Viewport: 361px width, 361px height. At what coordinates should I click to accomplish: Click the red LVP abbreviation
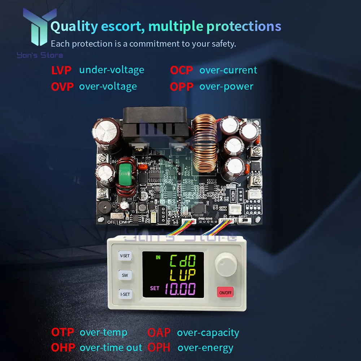61,70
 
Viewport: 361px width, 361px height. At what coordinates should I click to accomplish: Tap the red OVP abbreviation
62,87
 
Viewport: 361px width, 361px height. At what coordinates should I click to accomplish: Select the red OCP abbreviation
182,70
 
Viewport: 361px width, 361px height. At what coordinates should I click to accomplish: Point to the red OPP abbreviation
182,87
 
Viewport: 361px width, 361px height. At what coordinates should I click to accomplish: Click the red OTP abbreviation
62,332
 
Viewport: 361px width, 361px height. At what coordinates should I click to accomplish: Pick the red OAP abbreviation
159,332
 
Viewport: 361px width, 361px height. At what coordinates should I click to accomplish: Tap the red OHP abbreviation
63,348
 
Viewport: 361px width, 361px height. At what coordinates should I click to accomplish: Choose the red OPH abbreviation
159,348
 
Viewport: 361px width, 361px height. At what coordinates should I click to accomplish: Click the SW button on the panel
125,275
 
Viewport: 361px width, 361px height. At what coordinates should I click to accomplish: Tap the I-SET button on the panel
125,294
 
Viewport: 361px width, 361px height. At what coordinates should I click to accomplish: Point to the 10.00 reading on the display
179,289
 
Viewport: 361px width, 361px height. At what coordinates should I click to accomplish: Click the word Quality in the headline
74,26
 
